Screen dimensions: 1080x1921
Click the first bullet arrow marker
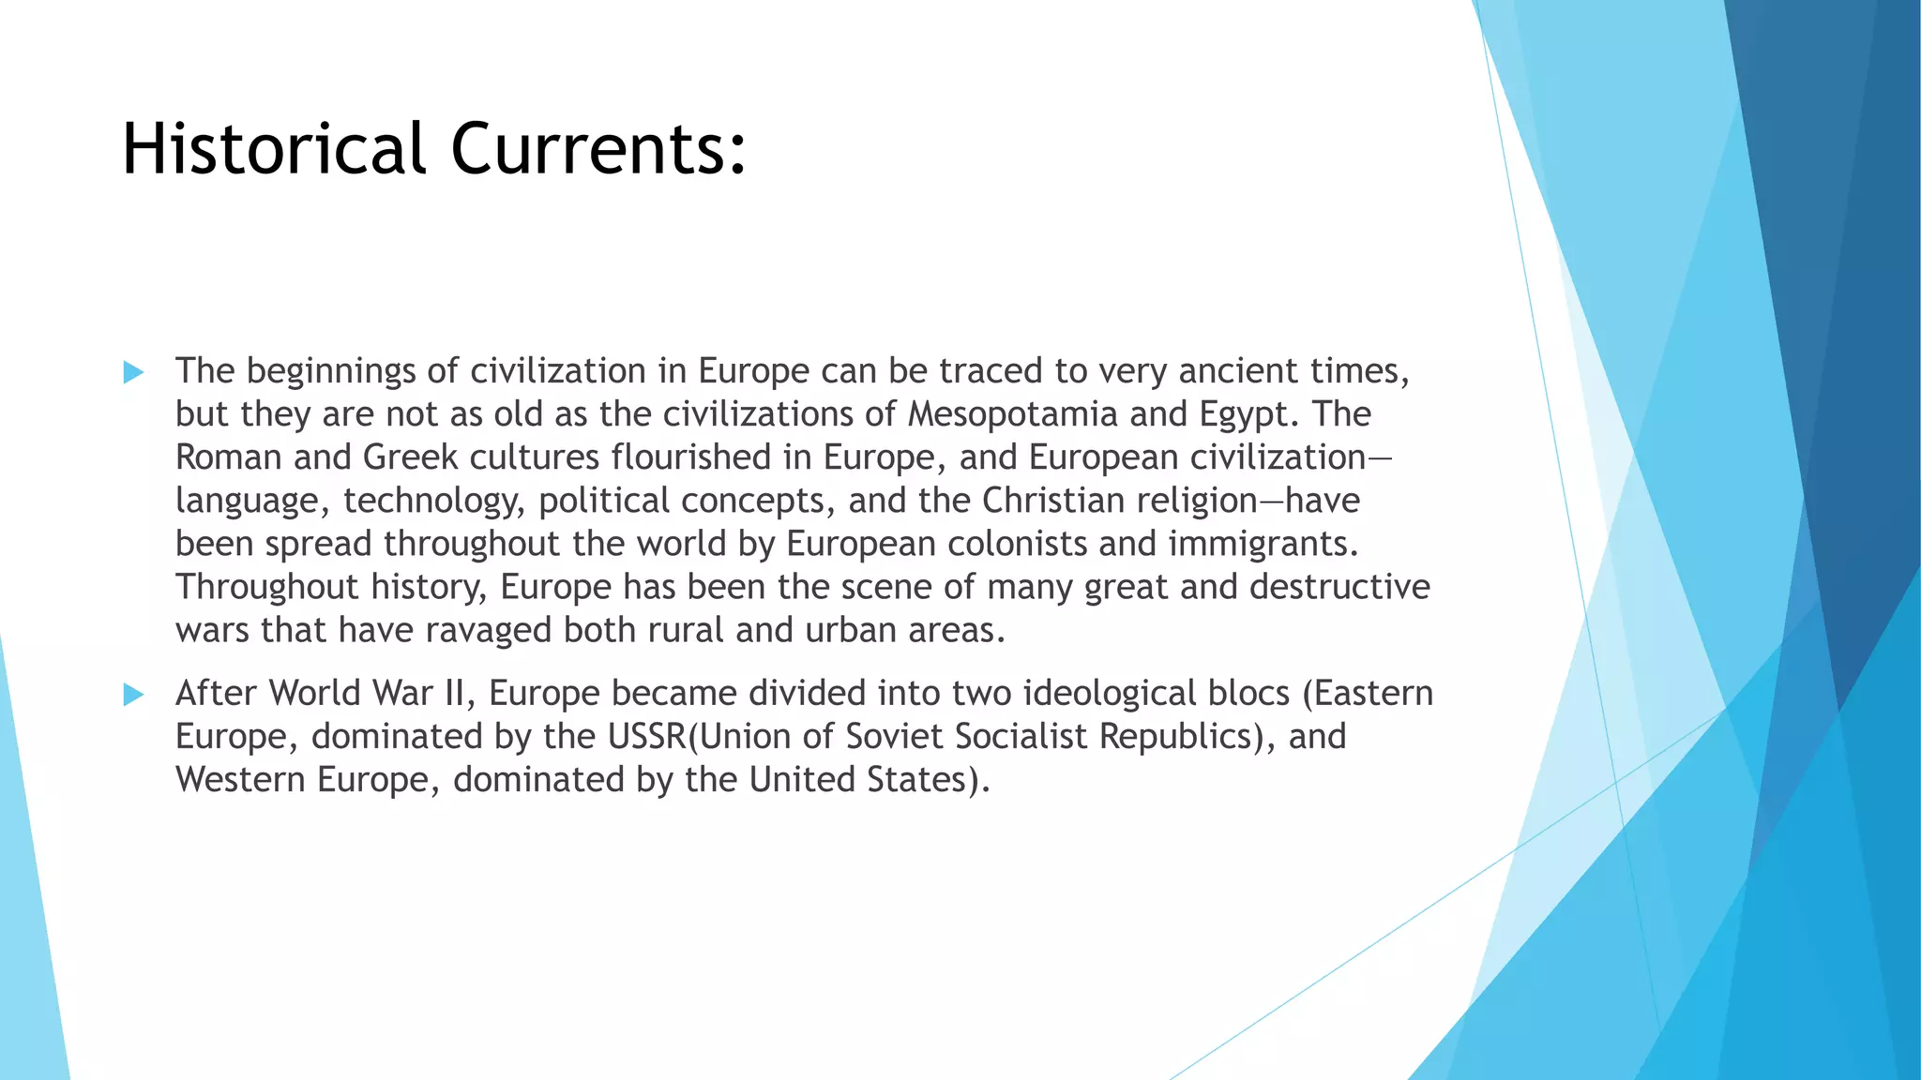click(133, 372)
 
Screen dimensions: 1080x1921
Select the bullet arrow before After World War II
click(133, 695)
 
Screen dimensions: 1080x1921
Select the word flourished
click(691, 457)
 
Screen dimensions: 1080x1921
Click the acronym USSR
click(647, 736)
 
